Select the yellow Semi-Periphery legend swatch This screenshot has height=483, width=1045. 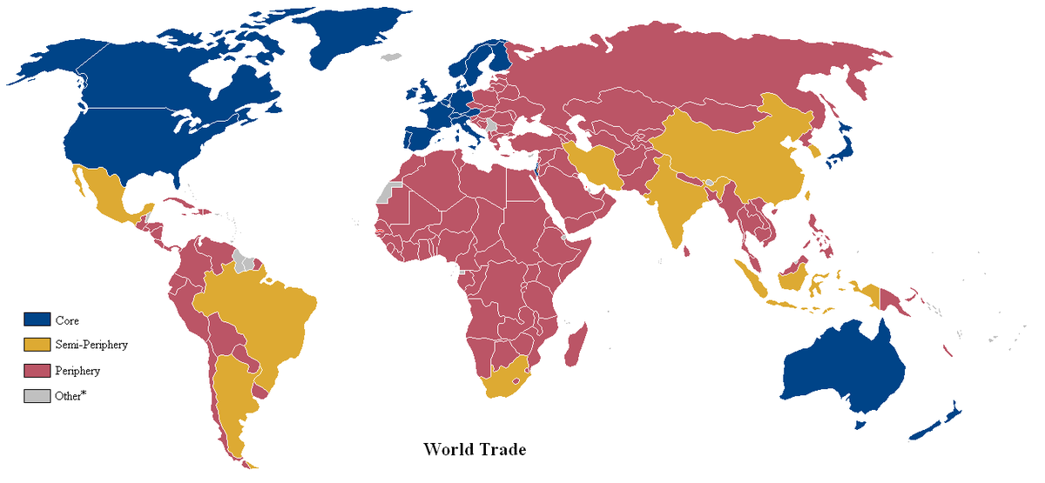pyautogui.click(x=37, y=345)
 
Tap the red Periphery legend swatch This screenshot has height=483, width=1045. pyautogui.click(x=37, y=371)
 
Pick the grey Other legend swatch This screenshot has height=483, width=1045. pyautogui.click(x=37, y=396)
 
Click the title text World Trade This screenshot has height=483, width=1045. pyautogui.click(x=475, y=450)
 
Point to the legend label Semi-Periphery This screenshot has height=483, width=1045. pyautogui.click(x=91, y=345)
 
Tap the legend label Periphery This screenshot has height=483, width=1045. pyautogui.click(x=78, y=371)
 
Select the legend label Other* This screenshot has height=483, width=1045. pyautogui.click(x=71, y=396)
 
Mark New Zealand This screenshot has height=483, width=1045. pyautogui.click(x=936, y=423)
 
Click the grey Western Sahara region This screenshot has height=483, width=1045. pyautogui.click(x=386, y=191)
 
